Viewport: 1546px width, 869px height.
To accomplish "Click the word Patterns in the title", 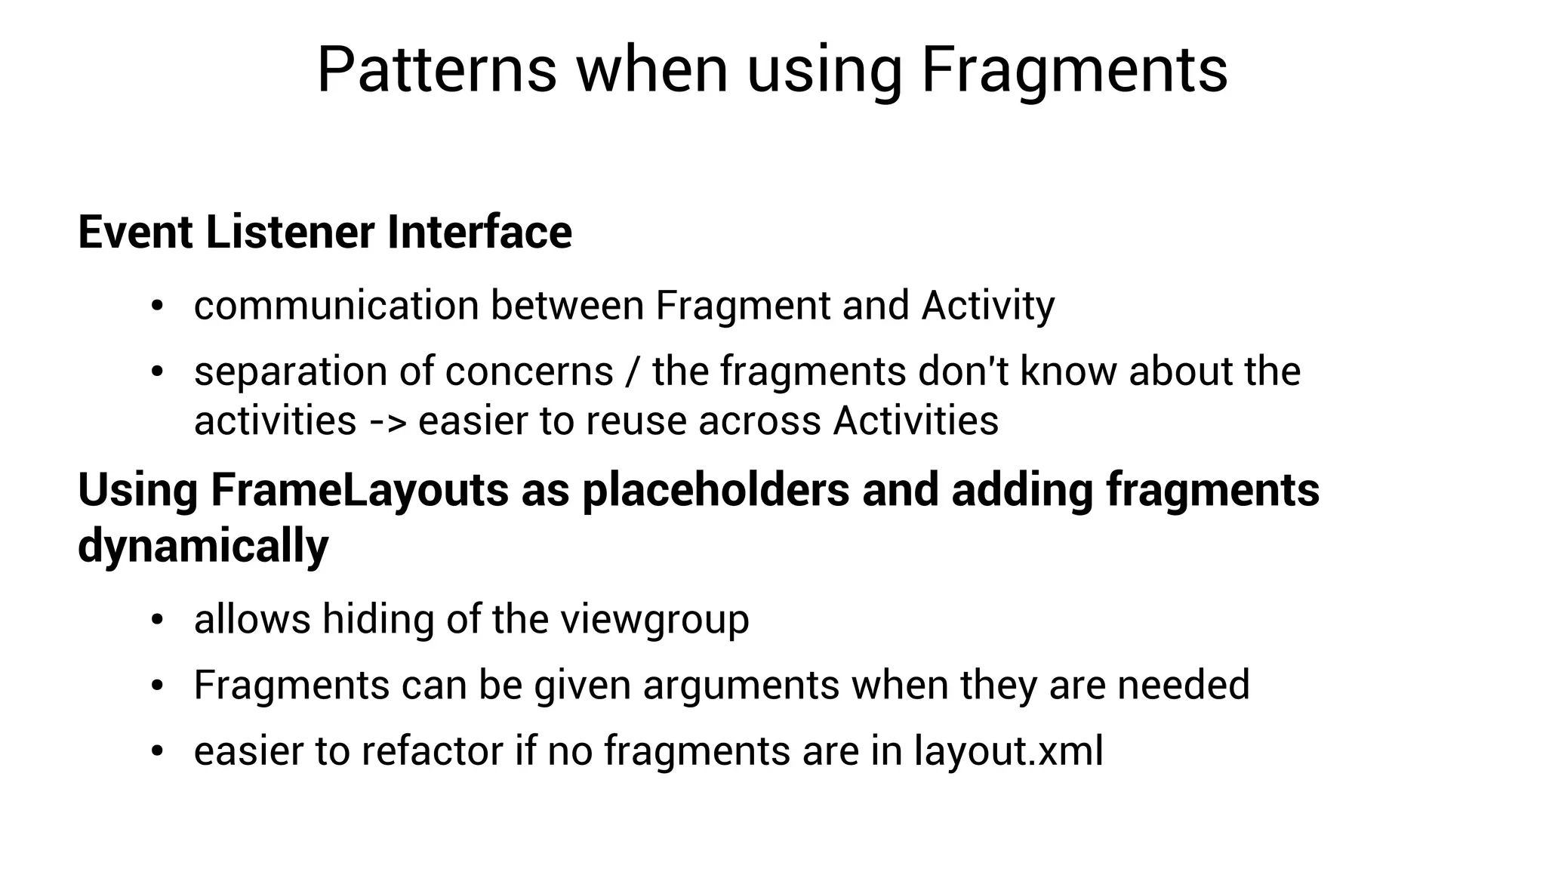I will pyautogui.click(x=436, y=70).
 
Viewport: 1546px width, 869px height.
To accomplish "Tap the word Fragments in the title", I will pyautogui.click(x=1074, y=70).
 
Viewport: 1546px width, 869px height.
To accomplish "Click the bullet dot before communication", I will pyautogui.click(x=157, y=307).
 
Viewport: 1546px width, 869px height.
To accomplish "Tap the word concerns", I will pyautogui.click(x=529, y=371).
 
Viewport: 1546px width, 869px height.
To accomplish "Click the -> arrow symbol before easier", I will pyautogui.click(x=387, y=422).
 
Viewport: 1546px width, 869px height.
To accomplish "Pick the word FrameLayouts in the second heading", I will pyautogui.click(x=359, y=490).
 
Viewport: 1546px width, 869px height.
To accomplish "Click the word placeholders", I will pyautogui.click(x=716, y=490).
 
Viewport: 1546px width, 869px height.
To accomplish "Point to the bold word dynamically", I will pyautogui.click(x=203, y=546).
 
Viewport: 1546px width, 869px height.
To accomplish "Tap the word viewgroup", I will pyautogui.click(x=654, y=620).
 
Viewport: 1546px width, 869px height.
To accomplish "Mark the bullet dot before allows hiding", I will pyautogui.click(x=157, y=620).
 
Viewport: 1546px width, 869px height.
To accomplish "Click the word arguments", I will pyautogui.click(x=741, y=686).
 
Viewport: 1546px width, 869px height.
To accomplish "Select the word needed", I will pyautogui.click(x=1183, y=685).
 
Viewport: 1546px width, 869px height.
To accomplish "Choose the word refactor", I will pyautogui.click(x=433, y=751).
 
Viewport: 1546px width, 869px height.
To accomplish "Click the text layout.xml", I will pyautogui.click(x=1009, y=751).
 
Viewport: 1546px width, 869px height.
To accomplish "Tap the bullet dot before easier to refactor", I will pyautogui.click(x=157, y=751).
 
